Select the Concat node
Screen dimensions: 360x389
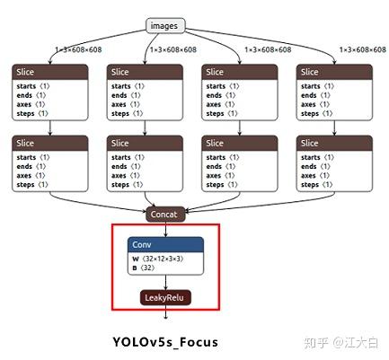tap(165, 215)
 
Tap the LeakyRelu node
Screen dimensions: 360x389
tap(165, 297)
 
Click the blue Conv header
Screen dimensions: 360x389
tap(165, 244)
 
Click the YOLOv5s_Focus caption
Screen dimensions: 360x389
tap(165, 342)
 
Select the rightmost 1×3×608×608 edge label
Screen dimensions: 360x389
tap(361, 49)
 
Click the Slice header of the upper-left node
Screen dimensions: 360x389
tap(50, 72)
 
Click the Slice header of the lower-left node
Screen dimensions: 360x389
tap(50, 143)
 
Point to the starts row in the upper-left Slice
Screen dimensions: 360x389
tap(36, 86)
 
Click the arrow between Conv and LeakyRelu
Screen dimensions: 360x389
tap(165, 283)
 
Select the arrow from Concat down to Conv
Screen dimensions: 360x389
tap(165, 229)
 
